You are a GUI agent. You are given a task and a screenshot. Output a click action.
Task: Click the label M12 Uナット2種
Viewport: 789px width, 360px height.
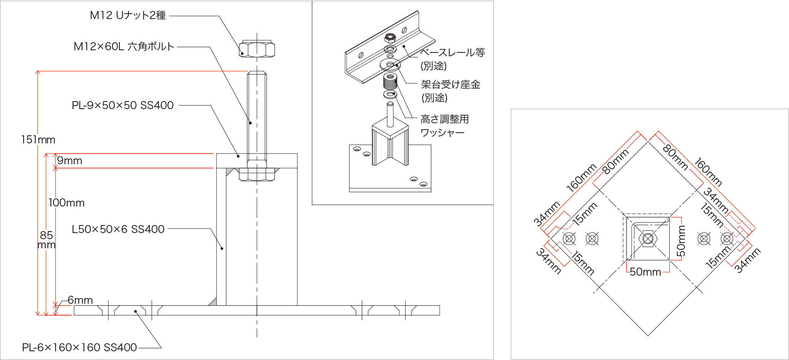pyautogui.click(x=128, y=16)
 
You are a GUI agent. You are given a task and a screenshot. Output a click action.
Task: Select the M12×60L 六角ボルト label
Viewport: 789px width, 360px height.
pyautogui.click(x=124, y=47)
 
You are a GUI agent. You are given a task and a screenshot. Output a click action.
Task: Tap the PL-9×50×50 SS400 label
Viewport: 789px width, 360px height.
pyautogui.click(x=122, y=105)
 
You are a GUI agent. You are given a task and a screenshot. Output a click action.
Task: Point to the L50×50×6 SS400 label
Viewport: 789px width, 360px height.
pyautogui.click(x=118, y=229)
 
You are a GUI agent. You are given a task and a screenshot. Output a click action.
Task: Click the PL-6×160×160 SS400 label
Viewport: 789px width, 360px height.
pyautogui.click(x=79, y=347)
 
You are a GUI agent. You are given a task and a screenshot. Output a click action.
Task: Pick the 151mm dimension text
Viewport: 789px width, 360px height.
pyautogui.click(x=38, y=140)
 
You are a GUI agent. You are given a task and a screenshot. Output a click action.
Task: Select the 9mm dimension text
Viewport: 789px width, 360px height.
pyautogui.click(x=70, y=161)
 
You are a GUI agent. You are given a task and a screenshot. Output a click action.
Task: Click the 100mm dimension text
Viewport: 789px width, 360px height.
pyautogui.click(x=67, y=203)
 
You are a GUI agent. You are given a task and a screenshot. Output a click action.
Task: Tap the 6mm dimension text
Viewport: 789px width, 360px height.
pyautogui.click(x=80, y=300)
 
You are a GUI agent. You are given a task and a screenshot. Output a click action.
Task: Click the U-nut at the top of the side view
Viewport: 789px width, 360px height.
pyautogui.click(x=257, y=49)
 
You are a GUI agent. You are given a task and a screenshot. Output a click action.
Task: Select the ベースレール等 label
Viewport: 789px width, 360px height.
pyautogui.click(x=452, y=52)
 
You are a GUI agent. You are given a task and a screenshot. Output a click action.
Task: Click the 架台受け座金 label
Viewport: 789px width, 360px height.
pyautogui.click(x=450, y=84)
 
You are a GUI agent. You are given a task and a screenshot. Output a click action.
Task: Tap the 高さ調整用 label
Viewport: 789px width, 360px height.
pyautogui.click(x=445, y=119)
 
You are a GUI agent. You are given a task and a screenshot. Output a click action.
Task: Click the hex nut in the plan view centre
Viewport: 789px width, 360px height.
pyautogui.click(x=648, y=239)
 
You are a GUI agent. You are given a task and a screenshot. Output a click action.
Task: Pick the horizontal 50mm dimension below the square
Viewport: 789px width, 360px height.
pyautogui.click(x=645, y=272)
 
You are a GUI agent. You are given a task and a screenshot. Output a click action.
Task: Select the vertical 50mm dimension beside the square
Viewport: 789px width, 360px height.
pyautogui.click(x=681, y=241)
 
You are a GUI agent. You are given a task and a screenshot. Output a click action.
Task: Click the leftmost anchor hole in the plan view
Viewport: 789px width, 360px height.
pyautogui.click(x=569, y=239)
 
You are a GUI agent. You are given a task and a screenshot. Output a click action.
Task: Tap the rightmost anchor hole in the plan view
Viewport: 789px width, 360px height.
pyautogui.click(x=727, y=239)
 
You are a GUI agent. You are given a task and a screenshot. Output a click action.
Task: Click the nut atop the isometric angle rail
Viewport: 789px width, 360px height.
pyautogui.click(x=390, y=38)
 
